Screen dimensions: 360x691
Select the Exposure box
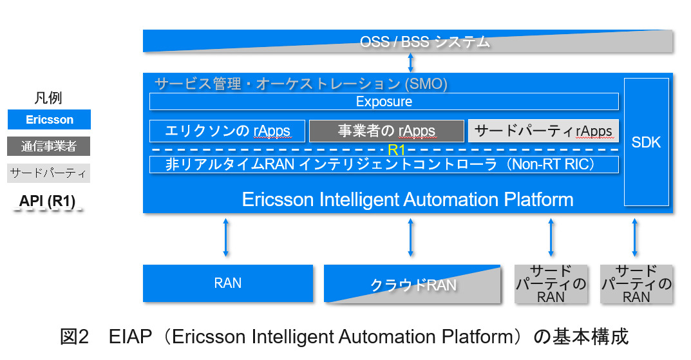click(x=384, y=102)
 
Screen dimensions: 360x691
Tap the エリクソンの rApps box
click(x=227, y=131)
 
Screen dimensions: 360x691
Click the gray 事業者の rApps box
click(x=386, y=131)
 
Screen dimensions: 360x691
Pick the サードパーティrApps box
click(x=543, y=131)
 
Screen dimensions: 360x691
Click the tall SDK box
click(x=646, y=142)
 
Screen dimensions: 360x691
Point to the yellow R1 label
click(x=397, y=150)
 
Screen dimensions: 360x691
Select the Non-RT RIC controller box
click(x=384, y=164)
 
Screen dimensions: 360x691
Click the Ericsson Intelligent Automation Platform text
click(x=407, y=199)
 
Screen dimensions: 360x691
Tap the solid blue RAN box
click(x=228, y=283)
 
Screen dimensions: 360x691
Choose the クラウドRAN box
click(x=412, y=284)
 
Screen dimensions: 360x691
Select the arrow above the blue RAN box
click(x=225, y=238)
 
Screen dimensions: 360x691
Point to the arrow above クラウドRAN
click(x=411, y=238)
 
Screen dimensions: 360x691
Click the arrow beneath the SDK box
click(x=634, y=238)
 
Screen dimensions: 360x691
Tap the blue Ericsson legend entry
click(x=50, y=120)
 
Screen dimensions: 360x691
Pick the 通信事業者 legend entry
click(x=50, y=146)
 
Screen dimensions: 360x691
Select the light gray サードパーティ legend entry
click(x=50, y=173)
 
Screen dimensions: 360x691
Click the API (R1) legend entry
click(x=47, y=201)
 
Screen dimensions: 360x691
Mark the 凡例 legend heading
click(x=48, y=98)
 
